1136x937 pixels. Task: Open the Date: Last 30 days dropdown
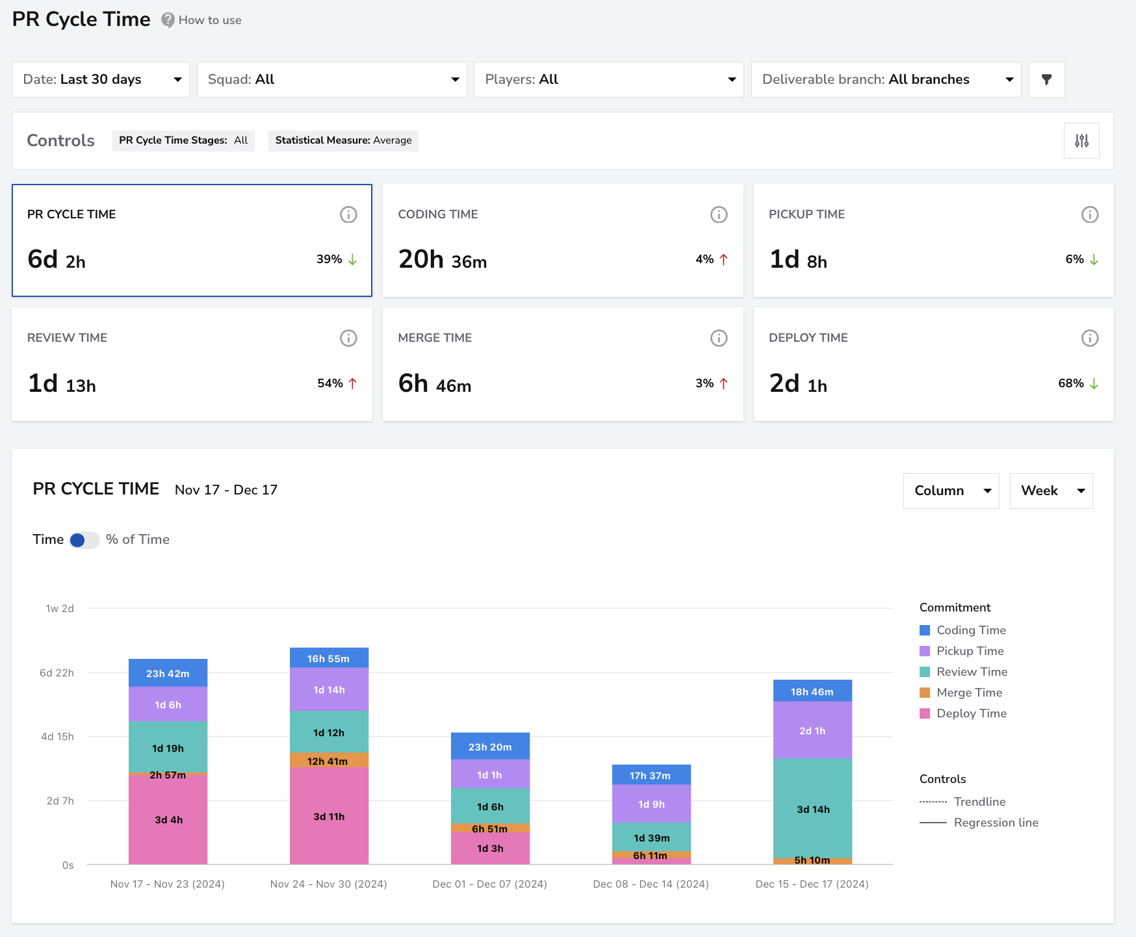[x=101, y=79]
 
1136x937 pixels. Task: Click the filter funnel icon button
[x=1046, y=79]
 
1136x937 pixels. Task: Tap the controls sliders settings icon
[x=1081, y=140]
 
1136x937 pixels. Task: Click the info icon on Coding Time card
[x=719, y=214]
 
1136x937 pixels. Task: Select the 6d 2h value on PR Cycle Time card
[x=57, y=259]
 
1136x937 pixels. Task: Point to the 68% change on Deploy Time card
[x=1070, y=383]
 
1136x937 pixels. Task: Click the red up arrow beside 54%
[x=353, y=383]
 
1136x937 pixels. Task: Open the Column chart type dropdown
[x=951, y=491]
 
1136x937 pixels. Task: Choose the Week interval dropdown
[x=1051, y=491]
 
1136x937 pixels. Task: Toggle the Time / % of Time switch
[x=84, y=540]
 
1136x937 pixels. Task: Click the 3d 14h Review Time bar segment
[x=812, y=808]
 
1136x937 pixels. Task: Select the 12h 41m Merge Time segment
[x=329, y=760]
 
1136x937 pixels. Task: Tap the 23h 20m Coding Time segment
[x=490, y=747]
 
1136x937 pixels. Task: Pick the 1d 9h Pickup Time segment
[x=651, y=804]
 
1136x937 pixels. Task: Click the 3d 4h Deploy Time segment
[x=168, y=819]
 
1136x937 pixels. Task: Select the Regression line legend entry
[x=979, y=823]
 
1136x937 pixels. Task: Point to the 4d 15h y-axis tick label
[x=57, y=736]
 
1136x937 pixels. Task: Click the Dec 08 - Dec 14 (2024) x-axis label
[x=651, y=884]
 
